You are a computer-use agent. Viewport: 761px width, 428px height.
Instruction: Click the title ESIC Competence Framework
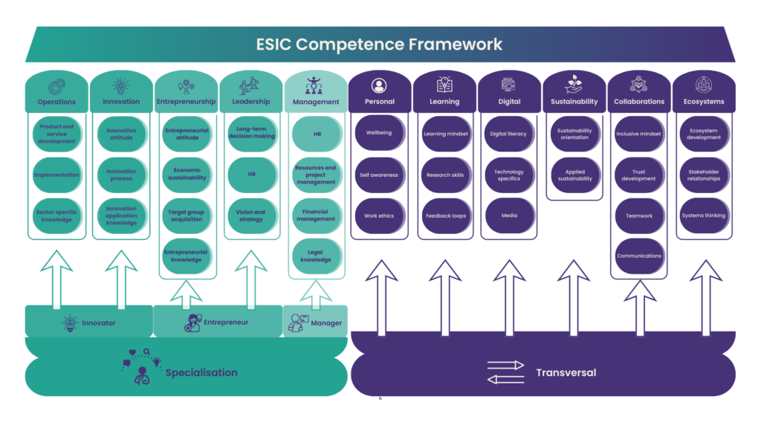[380, 45]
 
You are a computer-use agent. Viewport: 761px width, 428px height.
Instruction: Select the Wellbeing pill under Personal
[379, 134]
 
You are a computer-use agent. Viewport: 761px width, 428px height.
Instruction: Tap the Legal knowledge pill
[316, 256]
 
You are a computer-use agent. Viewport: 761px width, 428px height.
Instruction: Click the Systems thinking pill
[704, 215]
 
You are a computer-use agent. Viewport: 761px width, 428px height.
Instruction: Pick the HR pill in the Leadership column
[250, 175]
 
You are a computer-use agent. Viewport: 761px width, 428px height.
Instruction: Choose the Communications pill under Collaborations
[639, 256]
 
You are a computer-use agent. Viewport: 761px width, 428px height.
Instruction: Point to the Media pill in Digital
[509, 215]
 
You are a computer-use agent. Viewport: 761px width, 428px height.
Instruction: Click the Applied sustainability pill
[574, 175]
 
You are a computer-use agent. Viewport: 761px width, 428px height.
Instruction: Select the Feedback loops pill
[444, 215]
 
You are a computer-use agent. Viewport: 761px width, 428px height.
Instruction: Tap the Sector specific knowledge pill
[57, 215]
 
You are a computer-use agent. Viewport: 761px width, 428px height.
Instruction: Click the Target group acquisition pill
[186, 215]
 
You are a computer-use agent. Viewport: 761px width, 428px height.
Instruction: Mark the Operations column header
[57, 102]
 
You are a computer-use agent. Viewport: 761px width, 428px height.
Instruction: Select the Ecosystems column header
[704, 102]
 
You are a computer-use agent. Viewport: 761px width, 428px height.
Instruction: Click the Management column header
[316, 102]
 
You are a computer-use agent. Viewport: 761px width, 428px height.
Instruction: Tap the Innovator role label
[98, 323]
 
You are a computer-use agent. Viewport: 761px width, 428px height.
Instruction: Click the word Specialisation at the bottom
[201, 372]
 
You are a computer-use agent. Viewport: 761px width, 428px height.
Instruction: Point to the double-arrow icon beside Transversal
[505, 372]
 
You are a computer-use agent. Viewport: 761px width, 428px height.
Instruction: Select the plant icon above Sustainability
[574, 83]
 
